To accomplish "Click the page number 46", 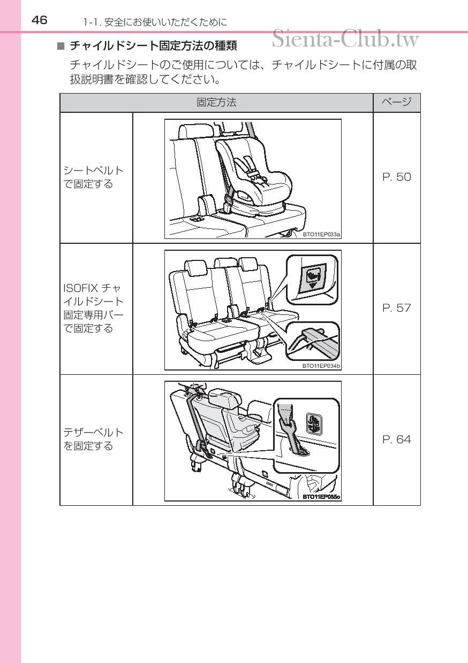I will pyautogui.click(x=39, y=20).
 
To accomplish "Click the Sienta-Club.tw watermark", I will pyautogui.click(x=345, y=38).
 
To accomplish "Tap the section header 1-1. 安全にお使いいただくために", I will pyautogui.click(x=155, y=22).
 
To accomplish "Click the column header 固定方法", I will pyautogui.click(x=216, y=103).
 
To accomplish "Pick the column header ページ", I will pyautogui.click(x=396, y=103).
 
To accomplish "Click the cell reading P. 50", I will pyautogui.click(x=396, y=178).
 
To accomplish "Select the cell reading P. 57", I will pyautogui.click(x=396, y=308).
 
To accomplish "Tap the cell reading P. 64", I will pyautogui.click(x=396, y=440).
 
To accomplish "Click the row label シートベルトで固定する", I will pyautogui.click(x=94, y=178).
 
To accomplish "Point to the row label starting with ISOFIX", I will pyautogui.click(x=94, y=308).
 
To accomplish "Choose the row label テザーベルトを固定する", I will pyautogui.click(x=94, y=440).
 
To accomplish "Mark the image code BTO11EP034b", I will pyautogui.click(x=321, y=366).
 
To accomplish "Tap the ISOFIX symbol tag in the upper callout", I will pyautogui.click(x=312, y=279).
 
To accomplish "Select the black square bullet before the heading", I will pyautogui.click(x=61, y=47).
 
